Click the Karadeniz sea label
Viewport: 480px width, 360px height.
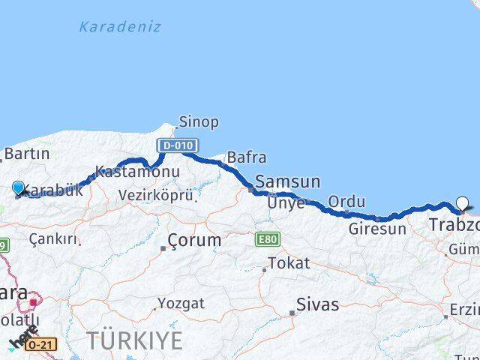(120, 28)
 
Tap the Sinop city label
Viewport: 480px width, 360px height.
(199, 121)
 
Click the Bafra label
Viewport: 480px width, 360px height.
(246, 157)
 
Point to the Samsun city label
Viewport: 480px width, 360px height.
(287, 181)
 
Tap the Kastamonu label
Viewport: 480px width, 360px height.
(138, 172)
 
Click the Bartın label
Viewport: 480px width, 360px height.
(26, 154)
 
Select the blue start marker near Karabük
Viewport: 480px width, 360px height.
(19, 187)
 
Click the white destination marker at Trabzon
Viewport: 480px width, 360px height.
(463, 202)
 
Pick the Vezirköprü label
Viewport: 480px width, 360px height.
(156, 195)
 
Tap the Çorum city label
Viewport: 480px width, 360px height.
(194, 240)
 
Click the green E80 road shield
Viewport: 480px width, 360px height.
(266, 239)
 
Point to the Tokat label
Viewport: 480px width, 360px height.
(288, 263)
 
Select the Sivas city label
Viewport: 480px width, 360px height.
(317, 305)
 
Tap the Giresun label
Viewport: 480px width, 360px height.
(376, 229)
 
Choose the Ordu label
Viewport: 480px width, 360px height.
(346, 202)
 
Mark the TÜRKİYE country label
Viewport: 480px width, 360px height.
(134, 340)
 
